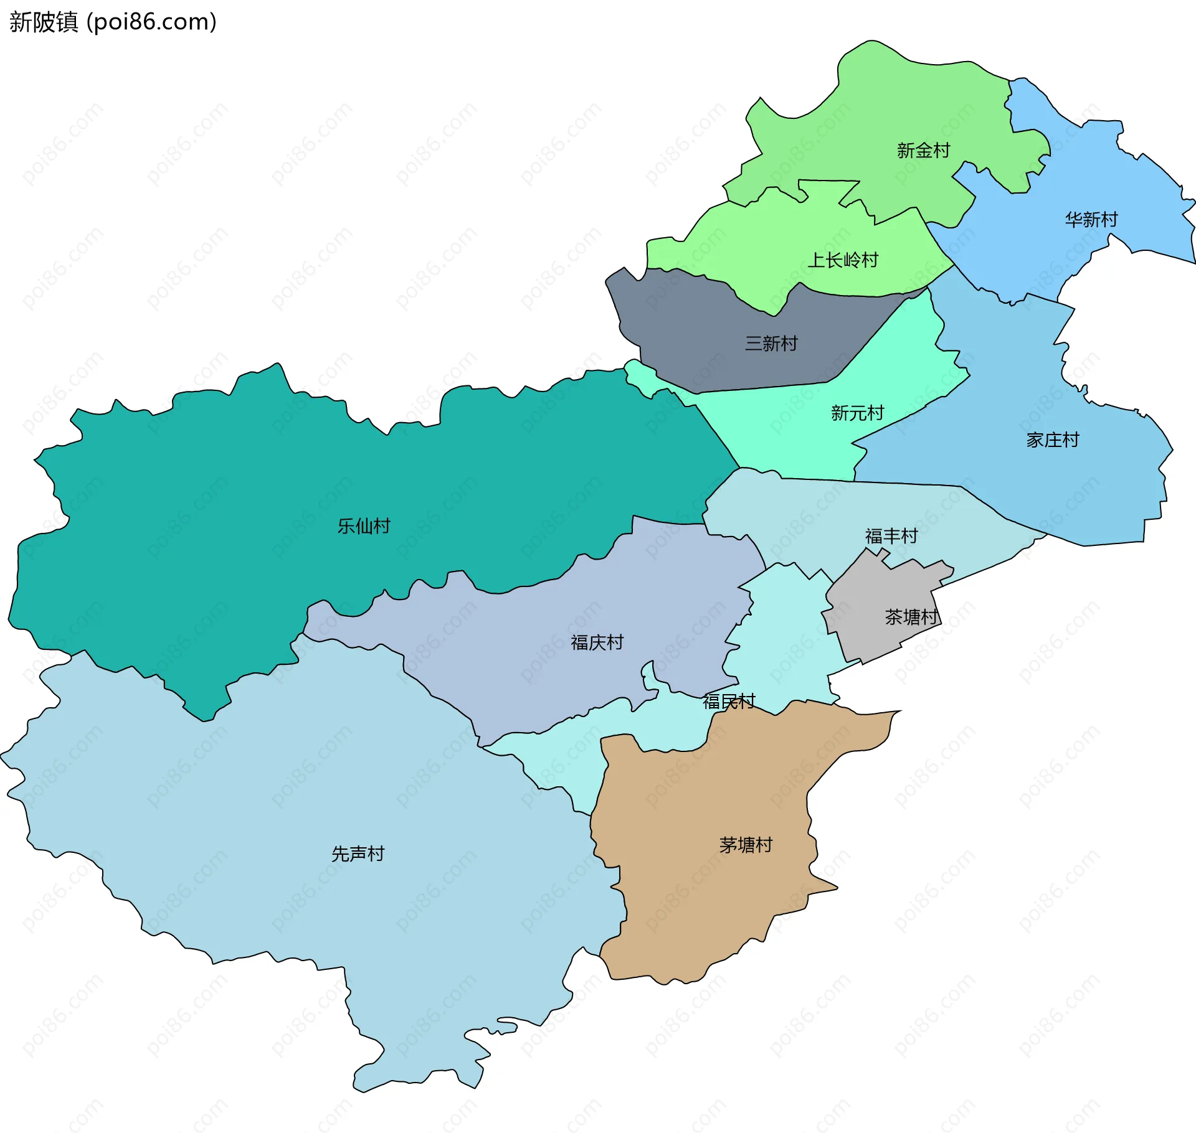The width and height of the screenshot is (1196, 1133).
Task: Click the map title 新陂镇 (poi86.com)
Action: point(113,22)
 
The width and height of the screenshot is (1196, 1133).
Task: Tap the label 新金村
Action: point(923,150)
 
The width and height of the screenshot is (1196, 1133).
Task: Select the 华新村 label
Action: point(1091,219)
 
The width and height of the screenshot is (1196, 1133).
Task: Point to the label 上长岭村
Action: point(843,260)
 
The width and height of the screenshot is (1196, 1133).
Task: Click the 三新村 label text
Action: point(771,343)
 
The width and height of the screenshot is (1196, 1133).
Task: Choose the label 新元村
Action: point(857,413)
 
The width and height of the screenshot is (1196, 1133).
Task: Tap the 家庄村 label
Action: point(1053,440)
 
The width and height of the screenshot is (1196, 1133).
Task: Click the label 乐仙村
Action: point(364,526)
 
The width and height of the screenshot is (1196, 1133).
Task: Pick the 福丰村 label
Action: point(891,536)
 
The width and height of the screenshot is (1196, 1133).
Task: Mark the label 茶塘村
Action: point(911,617)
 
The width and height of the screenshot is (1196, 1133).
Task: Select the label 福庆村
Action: point(597,642)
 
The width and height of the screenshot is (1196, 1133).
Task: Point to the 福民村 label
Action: point(729,702)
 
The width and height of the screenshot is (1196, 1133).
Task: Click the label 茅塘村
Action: point(746,845)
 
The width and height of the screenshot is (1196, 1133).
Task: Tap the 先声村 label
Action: point(358,853)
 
